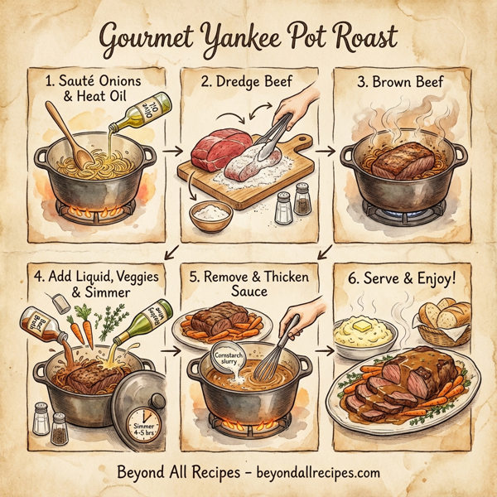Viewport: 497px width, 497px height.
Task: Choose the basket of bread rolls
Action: [445, 324]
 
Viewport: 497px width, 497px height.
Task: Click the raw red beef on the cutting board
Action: [218, 149]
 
